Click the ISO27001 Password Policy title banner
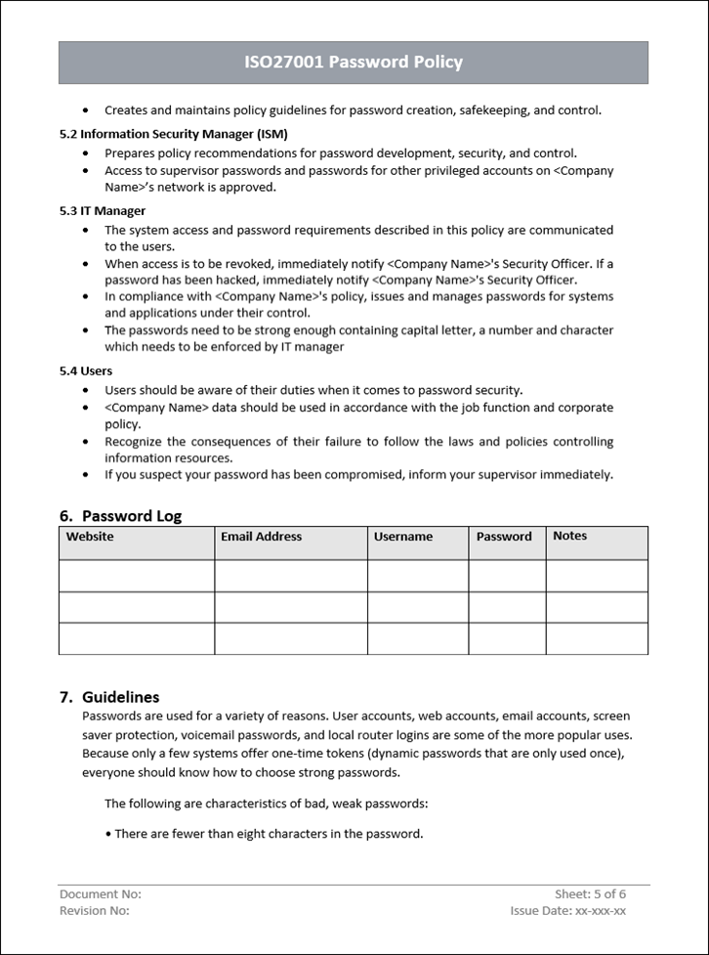354,62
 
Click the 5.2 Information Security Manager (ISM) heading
174,134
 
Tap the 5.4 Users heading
86,370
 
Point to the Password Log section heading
131,516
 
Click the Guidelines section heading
120,697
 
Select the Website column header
90,537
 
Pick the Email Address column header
261,537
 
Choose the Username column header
402,537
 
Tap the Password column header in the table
504,537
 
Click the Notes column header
570,536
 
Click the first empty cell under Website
137,576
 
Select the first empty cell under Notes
597,576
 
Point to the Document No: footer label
101,894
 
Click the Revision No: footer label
95,911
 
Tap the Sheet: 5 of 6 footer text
590,894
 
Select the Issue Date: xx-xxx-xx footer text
567,911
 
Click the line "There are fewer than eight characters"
269,834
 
